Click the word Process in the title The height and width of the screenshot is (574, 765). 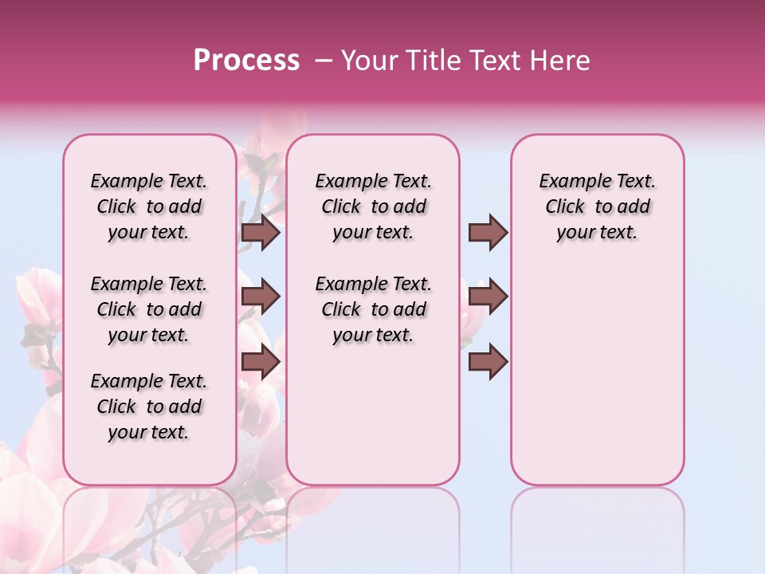pos(246,61)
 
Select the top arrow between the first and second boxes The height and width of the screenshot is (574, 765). pos(261,233)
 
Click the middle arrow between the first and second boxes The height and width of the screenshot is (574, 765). pos(261,297)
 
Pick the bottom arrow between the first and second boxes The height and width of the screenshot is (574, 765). pos(261,362)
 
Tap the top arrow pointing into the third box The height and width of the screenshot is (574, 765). pos(488,232)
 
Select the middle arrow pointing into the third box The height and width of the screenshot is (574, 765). pos(488,297)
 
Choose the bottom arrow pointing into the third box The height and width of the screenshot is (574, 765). pos(488,362)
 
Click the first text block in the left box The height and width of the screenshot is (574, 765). pos(149,206)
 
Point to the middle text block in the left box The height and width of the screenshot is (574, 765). pos(149,309)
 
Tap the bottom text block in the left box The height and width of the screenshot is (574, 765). pos(149,407)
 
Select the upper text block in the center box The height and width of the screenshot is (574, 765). pos(373,206)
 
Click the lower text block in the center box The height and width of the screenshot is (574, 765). pos(373,309)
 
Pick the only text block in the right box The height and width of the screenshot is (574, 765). pos(597,206)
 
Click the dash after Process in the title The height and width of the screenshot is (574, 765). pos(323,61)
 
